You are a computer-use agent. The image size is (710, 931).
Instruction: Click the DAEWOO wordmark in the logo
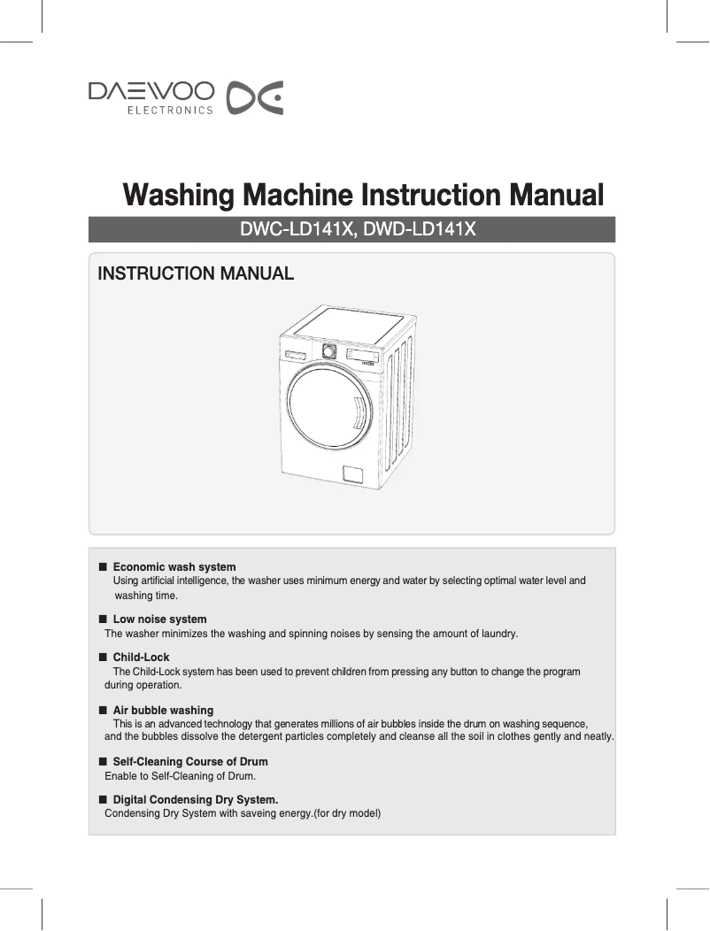pos(150,91)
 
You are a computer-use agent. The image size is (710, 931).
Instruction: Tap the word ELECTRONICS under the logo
pos(171,111)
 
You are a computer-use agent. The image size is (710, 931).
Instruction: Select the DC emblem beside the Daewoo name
pos(255,98)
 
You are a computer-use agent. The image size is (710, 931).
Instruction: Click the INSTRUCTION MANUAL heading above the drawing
pos(196,273)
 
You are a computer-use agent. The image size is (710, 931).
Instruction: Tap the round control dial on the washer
pos(329,350)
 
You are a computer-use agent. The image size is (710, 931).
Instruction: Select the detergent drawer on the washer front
pos(297,356)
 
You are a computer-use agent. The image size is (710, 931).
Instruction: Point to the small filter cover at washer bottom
pos(353,474)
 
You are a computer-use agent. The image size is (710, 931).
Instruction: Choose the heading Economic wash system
pos(174,566)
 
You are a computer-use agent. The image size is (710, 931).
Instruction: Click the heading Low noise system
pos(159,619)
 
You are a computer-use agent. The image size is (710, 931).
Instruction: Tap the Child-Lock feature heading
pos(141,657)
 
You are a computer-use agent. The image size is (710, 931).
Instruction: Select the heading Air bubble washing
pos(163,710)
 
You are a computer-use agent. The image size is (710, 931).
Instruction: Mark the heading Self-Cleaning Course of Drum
pos(190,761)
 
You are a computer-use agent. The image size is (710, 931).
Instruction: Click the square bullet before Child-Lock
pos(103,657)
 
